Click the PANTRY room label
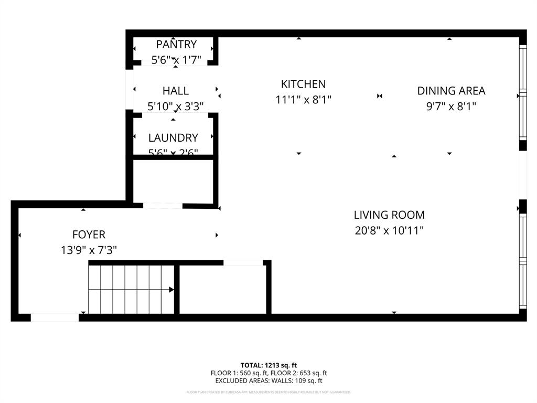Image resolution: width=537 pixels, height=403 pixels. [176, 45]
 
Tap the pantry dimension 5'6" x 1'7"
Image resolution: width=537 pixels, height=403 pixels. [176, 60]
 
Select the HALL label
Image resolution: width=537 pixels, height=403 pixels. [175, 91]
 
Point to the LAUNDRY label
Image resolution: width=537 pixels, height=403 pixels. [173, 138]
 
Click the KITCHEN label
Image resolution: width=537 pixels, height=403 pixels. [303, 84]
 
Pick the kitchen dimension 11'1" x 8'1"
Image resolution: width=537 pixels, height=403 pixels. [303, 100]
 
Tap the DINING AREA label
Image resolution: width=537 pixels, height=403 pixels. [451, 91]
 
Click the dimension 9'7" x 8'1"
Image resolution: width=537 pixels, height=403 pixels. [451, 107]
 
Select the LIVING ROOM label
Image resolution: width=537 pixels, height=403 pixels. [389, 215]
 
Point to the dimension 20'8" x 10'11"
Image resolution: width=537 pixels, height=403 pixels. [389, 230]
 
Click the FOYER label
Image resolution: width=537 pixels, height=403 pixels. [89, 235]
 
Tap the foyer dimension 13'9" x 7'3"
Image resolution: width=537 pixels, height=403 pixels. [89, 250]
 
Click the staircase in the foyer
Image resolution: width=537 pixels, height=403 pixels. [131, 290]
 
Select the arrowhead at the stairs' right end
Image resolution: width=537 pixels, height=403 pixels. [171, 289]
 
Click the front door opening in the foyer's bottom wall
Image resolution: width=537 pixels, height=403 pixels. [55, 317]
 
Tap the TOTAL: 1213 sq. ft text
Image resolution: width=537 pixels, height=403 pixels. [268, 365]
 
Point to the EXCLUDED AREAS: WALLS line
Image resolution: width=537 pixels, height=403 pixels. [268, 381]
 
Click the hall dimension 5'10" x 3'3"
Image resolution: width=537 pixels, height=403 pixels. [175, 107]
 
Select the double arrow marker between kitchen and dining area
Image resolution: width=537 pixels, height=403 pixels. [380, 96]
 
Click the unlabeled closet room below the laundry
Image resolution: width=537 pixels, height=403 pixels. [173, 181]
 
